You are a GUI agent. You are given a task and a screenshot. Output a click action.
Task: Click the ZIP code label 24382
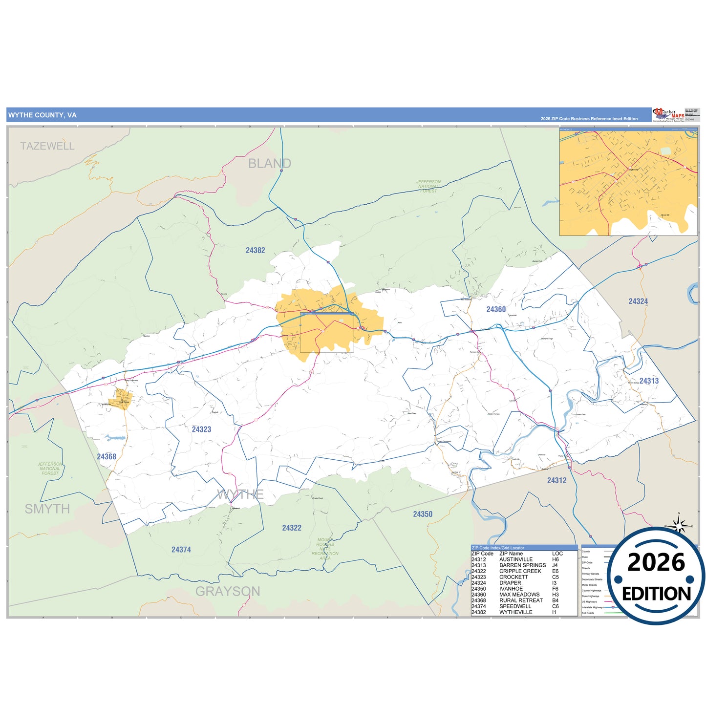click(x=255, y=251)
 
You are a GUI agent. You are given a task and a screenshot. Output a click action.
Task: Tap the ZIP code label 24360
click(x=496, y=310)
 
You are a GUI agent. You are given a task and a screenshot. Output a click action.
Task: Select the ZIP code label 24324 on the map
click(x=638, y=302)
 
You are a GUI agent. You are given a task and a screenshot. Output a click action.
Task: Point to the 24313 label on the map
click(x=649, y=381)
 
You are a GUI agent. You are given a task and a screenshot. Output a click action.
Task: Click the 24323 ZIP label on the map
click(x=201, y=429)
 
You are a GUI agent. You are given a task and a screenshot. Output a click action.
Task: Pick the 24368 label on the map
click(x=107, y=457)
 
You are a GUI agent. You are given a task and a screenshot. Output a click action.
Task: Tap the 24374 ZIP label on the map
click(x=181, y=550)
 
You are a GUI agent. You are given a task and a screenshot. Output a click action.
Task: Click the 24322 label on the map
click(x=292, y=528)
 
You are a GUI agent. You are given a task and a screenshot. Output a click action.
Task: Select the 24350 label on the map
click(x=423, y=514)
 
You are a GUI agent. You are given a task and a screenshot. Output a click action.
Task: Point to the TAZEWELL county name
click(x=47, y=146)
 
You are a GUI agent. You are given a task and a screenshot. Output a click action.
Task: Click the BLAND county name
click(x=269, y=164)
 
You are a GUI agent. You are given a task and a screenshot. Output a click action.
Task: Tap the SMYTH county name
click(x=47, y=509)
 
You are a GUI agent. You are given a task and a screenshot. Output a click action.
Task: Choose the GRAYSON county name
click(x=228, y=592)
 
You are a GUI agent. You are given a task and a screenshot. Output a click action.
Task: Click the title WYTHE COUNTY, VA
click(x=43, y=115)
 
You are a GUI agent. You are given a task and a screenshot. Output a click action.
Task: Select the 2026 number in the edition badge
click(x=656, y=563)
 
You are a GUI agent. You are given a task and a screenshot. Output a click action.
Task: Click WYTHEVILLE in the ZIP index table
click(x=515, y=612)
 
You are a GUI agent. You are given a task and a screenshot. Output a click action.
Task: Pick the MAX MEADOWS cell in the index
click(x=519, y=595)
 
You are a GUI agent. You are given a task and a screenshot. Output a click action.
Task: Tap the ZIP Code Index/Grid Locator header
click(x=498, y=548)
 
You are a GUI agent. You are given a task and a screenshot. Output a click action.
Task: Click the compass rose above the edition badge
click(x=679, y=525)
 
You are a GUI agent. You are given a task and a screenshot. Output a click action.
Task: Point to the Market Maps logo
click(x=668, y=115)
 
